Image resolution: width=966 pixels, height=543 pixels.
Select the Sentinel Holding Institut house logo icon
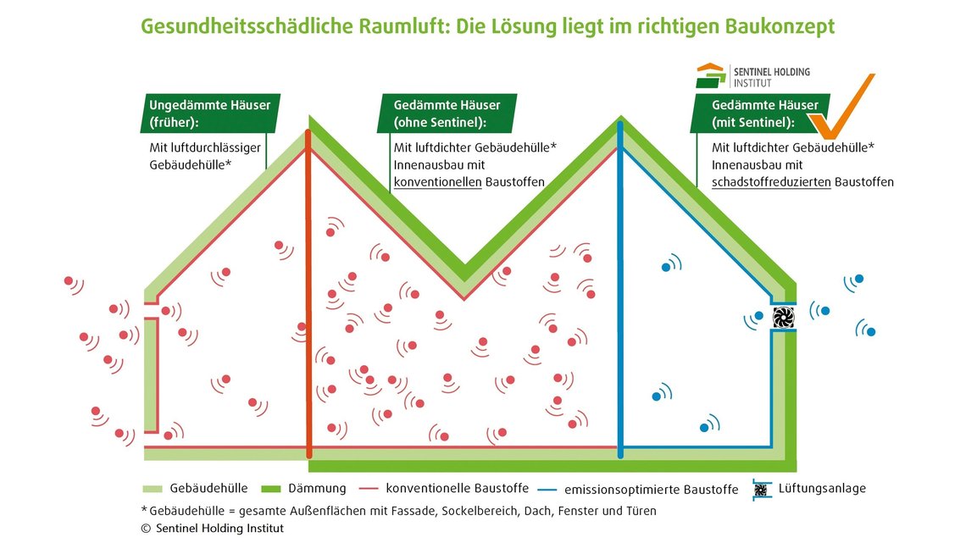coord(711,75)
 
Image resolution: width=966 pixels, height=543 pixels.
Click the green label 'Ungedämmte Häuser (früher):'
coord(210,114)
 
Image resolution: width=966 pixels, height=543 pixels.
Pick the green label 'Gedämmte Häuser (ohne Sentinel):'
coord(447,114)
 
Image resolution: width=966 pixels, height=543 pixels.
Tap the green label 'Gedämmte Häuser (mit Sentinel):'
coord(759,114)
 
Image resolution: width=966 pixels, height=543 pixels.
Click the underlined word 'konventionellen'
coord(437,182)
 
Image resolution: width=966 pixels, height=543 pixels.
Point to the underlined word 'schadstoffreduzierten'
coord(771,182)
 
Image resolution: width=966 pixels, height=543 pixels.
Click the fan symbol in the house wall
coord(783,317)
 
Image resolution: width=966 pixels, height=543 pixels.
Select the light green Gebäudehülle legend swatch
coord(153,489)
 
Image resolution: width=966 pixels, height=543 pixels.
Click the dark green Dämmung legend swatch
coord(271,489)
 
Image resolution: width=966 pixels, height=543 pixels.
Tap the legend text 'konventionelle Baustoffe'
coord(457,488)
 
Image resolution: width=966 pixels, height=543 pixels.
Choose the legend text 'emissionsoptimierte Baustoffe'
coord(651,490)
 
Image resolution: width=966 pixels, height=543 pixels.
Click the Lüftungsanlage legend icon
coord(762,490)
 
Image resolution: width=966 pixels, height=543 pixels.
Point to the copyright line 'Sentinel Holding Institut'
coord(219,529)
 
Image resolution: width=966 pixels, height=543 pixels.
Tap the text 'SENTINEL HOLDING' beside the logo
coord(772,72)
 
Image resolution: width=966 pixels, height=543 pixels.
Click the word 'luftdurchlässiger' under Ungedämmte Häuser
coord(205,147)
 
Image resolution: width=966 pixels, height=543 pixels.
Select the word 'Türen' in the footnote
coord(641,511)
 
